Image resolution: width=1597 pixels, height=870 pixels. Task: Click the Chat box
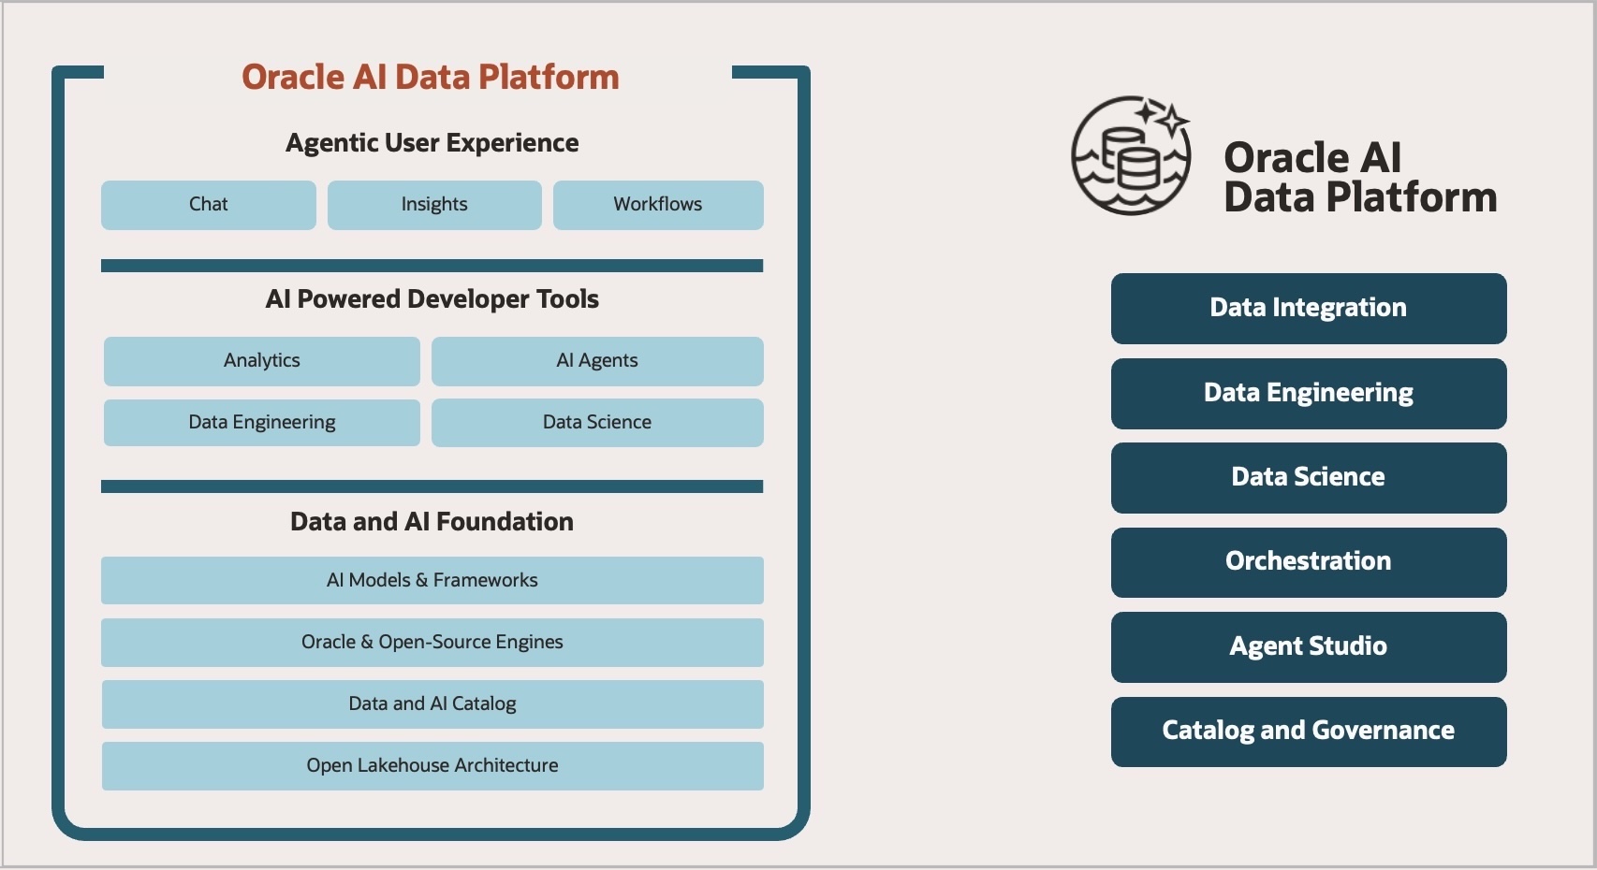pyautogui.click(x=208, y=205)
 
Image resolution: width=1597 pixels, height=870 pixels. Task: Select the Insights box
pyautogui.click(x=434, y=205)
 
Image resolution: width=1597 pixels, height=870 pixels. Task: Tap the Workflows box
pyautogui.click(x=658, y=205)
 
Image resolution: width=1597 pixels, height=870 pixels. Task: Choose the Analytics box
pyautogui.click(x=262, y=361)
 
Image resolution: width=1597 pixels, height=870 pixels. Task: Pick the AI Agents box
pyautogui.click(x=597, y=361)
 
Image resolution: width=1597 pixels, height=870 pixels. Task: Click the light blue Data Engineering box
pyautogui.click(x=262, y=423)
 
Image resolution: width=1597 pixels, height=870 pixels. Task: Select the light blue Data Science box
pyautogui.click(x=597, y=423)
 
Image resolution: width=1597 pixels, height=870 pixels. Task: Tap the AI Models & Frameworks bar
pyautogui.click(x=432, y=580)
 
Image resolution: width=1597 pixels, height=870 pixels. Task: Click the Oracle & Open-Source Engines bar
pyautogui.click(x=432, y=643)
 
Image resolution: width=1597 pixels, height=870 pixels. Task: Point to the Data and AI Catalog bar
pyautogui.click(x=432, y=704)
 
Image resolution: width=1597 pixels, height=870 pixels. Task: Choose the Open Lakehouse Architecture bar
pyautogui.click(x=432, y=766)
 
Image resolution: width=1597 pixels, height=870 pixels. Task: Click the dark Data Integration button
pyautogui.click(x=1309, y=309)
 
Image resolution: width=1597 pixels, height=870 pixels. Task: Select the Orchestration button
pyautogui.click(x=1309, y=562)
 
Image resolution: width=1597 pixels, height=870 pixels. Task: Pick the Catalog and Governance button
pyautogui.click(x=1309, y=732)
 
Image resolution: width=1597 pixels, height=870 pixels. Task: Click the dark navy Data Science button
pyautogui.click(x=1309, y=478)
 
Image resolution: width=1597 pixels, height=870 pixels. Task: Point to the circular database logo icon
pyautogui.click(x=1131, y=155)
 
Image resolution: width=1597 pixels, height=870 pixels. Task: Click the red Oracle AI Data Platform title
pyautogui.click(x=431, y=77)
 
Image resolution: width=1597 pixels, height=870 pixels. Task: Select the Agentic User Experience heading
pyautogui.click(x=432, y=143)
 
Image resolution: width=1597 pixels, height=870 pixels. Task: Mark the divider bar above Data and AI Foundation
pyautogui.click(x=432, y=486)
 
